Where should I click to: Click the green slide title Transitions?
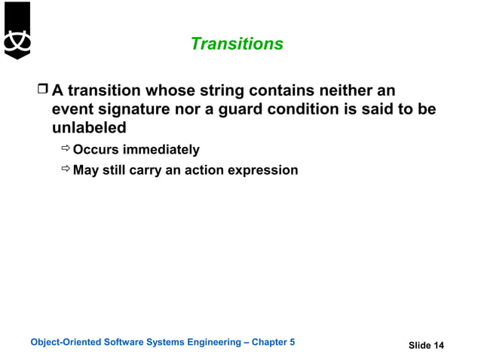point(237,44)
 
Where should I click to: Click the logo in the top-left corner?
point(17,31)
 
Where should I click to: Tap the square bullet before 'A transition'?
point(42,91)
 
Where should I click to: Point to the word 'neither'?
point(363,91)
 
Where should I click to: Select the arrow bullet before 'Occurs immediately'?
point(66,150)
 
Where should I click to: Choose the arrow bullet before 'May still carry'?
point(66,170)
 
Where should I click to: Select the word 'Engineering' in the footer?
point(213,343)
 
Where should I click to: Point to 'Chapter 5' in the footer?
point(273,343)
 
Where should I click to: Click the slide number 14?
point(438,346)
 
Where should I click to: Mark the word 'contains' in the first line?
point(278,91)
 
